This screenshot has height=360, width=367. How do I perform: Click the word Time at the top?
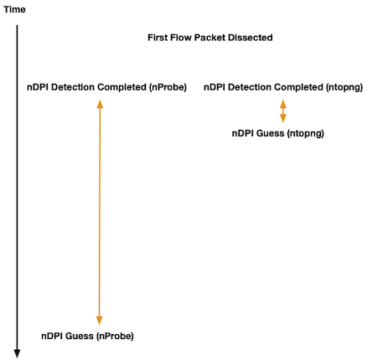point(14,9)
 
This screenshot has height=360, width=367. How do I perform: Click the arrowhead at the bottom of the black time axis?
point(17,353)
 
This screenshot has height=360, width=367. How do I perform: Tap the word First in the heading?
point(158,38)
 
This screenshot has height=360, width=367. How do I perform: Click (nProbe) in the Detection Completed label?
point(168,87)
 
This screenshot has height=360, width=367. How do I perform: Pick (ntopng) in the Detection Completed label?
point(344,87)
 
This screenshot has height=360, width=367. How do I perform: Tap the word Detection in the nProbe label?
point(73,87)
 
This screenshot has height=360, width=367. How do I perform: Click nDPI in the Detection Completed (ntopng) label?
point(215,87)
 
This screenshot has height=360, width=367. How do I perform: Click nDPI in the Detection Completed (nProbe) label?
point(38,87)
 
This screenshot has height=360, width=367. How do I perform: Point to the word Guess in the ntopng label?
point(270,133)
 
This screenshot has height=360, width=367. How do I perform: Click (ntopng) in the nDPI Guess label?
point(306,133)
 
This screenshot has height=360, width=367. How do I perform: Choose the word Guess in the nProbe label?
point(80,336)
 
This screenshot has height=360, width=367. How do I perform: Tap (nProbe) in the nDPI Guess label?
point(115,336)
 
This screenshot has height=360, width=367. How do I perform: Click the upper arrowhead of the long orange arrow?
point(100,104)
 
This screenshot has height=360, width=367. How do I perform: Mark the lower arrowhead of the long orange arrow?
point(100,320)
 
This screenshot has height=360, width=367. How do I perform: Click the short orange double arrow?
point(283,111)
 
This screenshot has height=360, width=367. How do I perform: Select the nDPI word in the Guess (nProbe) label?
point(52,336)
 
